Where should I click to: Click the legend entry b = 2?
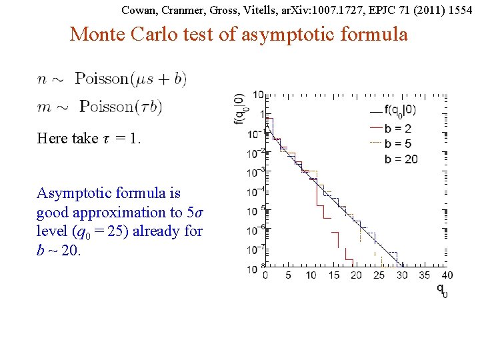coord(397,129)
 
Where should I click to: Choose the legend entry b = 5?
coord(397,144)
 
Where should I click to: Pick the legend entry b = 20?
coord(401,159)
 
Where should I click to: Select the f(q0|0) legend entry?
coord(400,112)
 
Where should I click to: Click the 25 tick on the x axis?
coord(379,275)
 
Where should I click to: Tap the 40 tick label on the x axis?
coord(447,275)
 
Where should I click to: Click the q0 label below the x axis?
coord(442,289)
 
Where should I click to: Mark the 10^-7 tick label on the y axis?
coord(253,250)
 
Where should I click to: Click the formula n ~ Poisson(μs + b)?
coord(112,79)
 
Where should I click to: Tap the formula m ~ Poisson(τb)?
coord(100,107)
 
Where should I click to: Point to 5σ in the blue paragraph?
coord(193,213)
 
